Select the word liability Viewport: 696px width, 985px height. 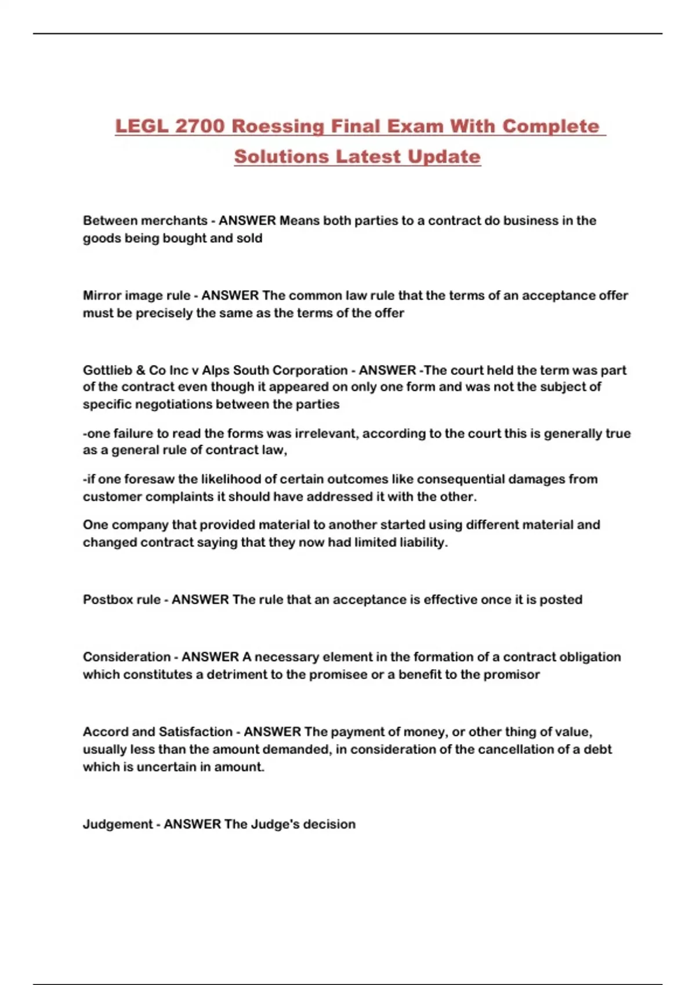[423, 543]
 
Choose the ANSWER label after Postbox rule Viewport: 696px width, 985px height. [200, 600]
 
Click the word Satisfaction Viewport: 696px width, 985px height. [195, 732]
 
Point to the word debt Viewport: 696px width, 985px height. [597, 749]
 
